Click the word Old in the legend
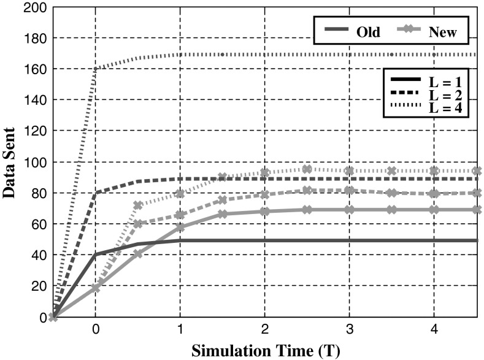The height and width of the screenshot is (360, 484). [x=367, y=33]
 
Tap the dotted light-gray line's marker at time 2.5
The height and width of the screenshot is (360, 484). [x=307, y=169]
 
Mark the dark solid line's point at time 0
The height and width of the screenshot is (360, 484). [x=95, y=254]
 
